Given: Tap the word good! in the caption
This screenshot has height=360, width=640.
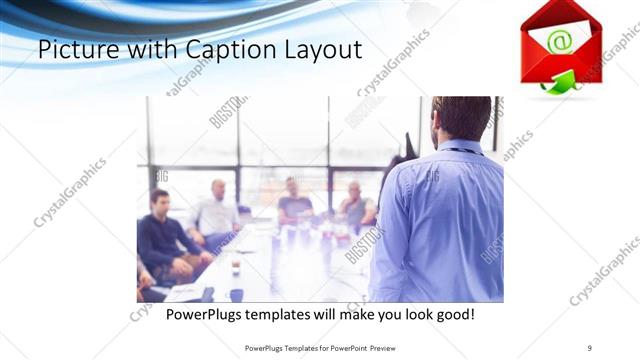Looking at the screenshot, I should pos(451,315).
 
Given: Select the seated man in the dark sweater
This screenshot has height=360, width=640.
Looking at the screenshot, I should pos(162,240).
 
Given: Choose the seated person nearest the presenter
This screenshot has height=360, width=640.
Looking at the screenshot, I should pos(355,206).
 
